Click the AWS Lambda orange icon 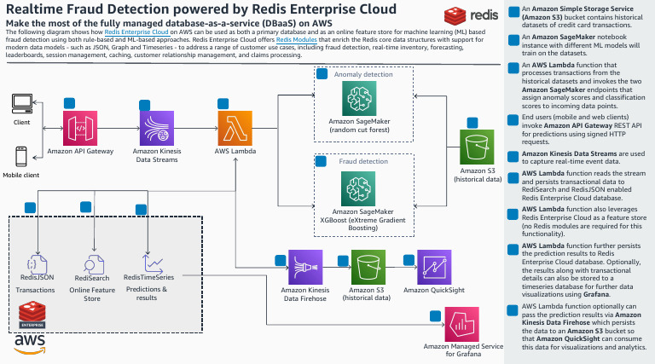pyautogui.click(x=235, y=128)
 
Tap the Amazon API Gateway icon pyautogui.click(x=81, y=128)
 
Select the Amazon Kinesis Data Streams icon pyautogui.click(x=157, y=128)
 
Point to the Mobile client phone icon pyautogui.click(x=21, y=156)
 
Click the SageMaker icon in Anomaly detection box pyautogui.click(x=358, y=101)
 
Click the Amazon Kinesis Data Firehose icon pyautogui.click(x=304, y=267)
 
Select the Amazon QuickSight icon pyautogui.click(x=435, y=267)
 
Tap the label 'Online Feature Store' pyautogui.click(x=91, y=294)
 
